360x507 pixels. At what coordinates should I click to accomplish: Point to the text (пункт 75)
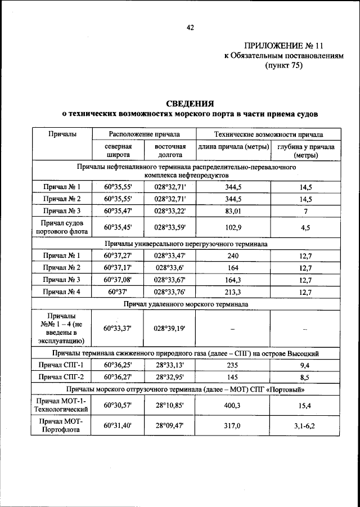pos(283,65)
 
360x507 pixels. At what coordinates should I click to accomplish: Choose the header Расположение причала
pos(145,135)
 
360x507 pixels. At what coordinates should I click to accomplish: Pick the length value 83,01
pos(232,210)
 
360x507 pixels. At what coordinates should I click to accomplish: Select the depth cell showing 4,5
pos(305,228)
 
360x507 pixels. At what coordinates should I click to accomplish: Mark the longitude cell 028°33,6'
pos(170,267)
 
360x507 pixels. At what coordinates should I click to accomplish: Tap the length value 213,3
pos(232,291)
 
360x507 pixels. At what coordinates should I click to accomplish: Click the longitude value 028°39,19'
pos(170,327)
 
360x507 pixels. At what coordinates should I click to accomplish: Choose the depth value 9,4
pos(305,365)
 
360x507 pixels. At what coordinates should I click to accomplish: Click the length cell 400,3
pos(232,405)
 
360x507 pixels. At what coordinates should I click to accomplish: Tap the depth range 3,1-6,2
pos(305,426)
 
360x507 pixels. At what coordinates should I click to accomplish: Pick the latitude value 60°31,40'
pos(119,426)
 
